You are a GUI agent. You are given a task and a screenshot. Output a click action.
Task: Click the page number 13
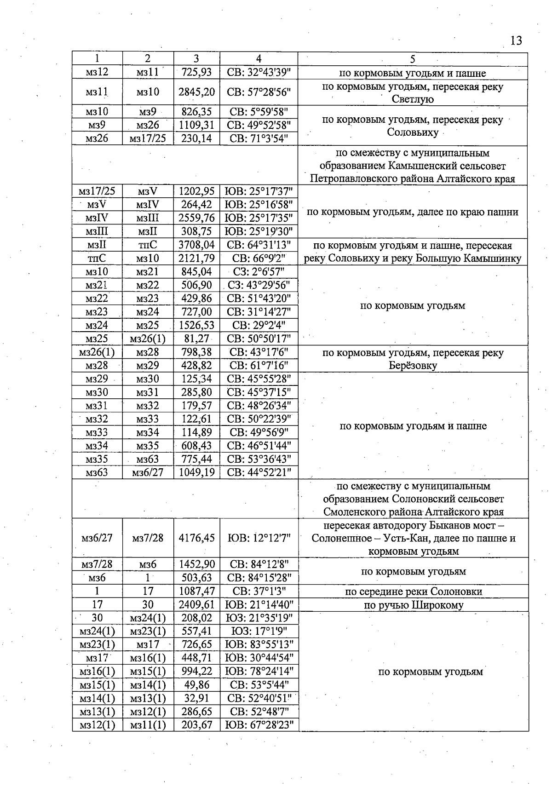(516, 41)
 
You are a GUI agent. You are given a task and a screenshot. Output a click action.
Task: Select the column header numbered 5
(413, 59)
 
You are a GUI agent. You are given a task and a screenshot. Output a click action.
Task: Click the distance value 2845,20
(196, 92)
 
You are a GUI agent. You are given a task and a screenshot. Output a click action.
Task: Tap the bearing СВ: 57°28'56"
(259, 92)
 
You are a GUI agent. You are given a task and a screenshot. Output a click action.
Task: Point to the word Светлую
(413, 99)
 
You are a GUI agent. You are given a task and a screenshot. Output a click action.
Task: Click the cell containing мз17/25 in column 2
(148, 138)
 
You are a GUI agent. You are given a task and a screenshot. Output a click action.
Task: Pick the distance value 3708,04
(196, 245)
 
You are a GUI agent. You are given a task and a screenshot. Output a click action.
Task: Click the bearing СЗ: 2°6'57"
(259, 272)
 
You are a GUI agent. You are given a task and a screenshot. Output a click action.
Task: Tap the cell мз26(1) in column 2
(148, 339)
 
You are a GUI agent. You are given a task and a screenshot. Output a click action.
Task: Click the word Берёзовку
(413, 366)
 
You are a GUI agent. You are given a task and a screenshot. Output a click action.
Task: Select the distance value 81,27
(196, 339)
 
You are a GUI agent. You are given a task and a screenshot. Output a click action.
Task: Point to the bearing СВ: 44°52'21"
(259, 472)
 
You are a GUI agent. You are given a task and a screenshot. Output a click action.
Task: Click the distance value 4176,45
(196, 538)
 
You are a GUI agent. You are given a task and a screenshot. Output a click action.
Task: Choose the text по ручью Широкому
(413, 605)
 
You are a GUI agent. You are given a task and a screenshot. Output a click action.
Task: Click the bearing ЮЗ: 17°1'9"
(259, 631)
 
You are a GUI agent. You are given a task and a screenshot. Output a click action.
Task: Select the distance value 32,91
(196, 698)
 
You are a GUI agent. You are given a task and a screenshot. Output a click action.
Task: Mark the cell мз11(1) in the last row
(148, 725)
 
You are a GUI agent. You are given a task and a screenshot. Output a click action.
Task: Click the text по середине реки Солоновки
(413, 592)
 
